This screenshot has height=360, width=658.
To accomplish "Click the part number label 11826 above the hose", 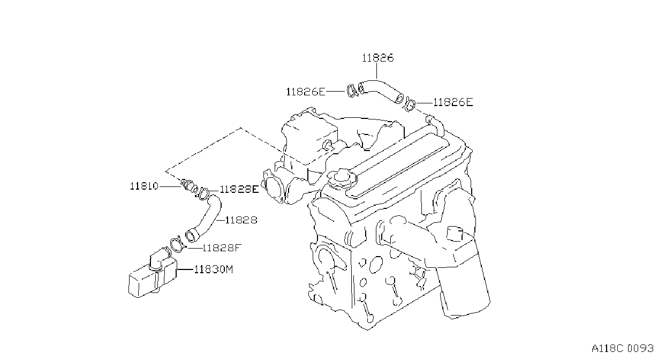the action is click(x=377, y=58).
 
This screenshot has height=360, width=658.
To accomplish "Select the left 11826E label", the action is click(x=306, y=92).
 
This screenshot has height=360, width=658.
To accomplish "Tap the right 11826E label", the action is click(x=453, y=102).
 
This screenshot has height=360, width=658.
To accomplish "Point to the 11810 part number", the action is click(x=144, y=186).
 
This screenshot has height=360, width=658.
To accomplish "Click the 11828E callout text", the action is click(x=239, y=189).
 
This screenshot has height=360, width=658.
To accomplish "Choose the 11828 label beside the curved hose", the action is click(x=241, y=220).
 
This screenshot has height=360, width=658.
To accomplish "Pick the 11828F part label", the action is click(x=222, y=248).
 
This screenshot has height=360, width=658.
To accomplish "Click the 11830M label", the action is click(x=214, y=269).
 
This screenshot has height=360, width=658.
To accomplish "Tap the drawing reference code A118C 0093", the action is click(x=623, y=349).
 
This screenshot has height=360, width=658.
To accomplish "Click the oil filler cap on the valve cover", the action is click(x=343, y=177).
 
